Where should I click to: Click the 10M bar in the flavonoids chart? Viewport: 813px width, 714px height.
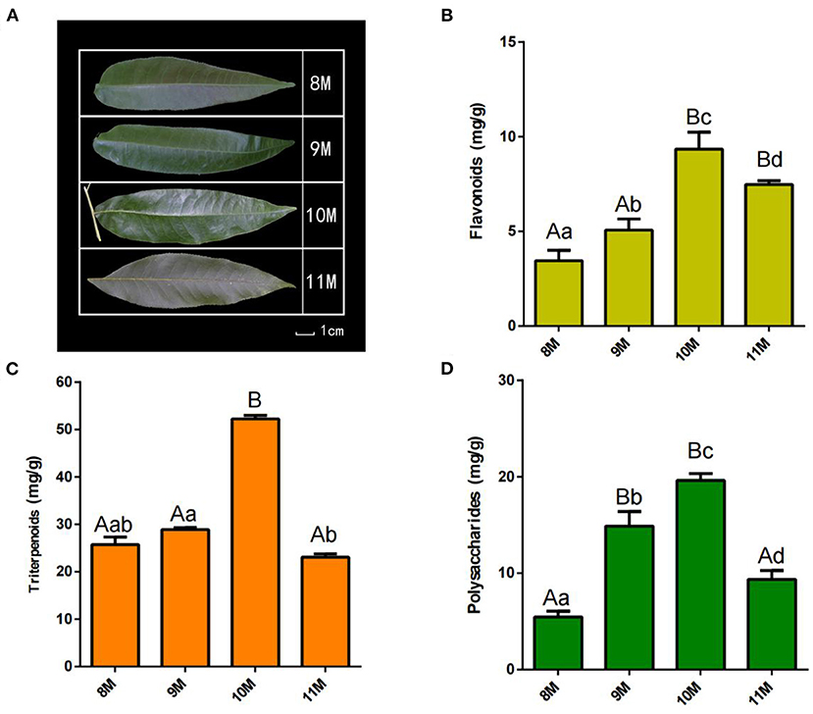tap(699, 237)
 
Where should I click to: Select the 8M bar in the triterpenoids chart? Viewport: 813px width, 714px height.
tap(115, 605)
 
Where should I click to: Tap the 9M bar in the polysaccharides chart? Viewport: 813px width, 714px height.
tap(629, 597)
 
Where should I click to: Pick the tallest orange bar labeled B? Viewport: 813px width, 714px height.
tap(255, 542)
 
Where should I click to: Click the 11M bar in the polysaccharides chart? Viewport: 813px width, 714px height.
tap(772, 625)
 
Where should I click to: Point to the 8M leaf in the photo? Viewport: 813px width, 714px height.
tap(194, 82)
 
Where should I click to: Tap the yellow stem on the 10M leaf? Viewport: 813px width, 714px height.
tap(93, 212)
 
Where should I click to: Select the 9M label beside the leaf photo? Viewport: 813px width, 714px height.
tap(321, 149)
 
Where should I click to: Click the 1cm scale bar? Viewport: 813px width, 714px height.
tap(305, 333)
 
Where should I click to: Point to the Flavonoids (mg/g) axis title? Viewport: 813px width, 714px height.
tap(477, 171)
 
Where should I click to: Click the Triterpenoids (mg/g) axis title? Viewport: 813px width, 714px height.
tap(34, 525)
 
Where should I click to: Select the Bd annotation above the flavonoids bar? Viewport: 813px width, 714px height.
tap(770, 160)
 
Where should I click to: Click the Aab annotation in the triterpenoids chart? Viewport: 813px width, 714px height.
tap(114, 525)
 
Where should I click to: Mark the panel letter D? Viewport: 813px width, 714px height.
tap(446, 369)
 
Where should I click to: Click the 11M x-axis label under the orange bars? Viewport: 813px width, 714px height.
tap(314, 690)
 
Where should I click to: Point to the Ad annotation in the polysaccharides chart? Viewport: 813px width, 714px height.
tap(771, 556)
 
